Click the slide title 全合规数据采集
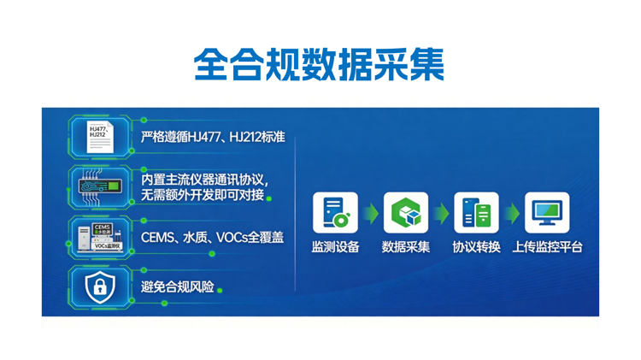320,62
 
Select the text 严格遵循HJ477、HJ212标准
213,135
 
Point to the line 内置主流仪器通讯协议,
205,180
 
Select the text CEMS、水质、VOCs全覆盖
212,237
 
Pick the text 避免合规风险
178,287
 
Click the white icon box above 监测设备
335,213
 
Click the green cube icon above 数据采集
406,213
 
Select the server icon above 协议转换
476,213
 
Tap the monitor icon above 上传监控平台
547,213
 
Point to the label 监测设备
335,247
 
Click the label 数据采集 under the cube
406,247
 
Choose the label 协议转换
476,247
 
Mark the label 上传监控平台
547,247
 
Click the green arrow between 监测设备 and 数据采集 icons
370,213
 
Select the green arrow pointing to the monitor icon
511,213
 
